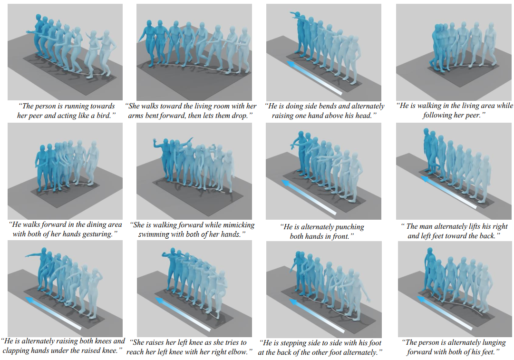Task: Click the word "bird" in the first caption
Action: coord(103,116)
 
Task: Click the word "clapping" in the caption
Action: coord(15,350)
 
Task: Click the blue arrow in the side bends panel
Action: coord(314,78)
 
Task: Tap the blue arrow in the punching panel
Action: coord(309,197)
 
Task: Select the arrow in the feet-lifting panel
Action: coord(448,192)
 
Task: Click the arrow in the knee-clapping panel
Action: coord(53,313)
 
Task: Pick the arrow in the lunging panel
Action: coord(445,312)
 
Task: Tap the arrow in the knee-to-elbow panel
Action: coord(183,314)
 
